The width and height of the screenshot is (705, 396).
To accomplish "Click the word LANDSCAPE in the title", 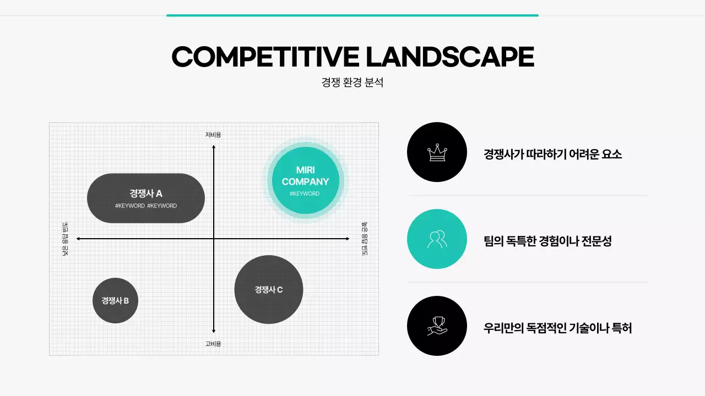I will pos(450,57).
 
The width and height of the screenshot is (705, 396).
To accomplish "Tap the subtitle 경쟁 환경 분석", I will pos(352,82).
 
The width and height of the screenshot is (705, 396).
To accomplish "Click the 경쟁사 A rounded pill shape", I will pos(146,199).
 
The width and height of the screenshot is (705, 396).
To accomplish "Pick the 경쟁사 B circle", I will pos(115,301).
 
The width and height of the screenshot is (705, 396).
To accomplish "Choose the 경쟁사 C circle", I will pos(269,290).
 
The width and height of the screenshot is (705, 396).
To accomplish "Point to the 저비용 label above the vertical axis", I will pos(213,135).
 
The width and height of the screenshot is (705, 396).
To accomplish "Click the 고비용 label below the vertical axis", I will pos(213,344).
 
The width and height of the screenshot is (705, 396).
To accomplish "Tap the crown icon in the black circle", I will pos(437,152).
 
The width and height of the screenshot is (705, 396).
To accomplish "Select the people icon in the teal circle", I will pos(437,239).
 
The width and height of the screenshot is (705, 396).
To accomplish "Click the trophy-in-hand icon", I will pos(437,326).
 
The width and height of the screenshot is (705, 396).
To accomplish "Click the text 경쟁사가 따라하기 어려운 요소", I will pos(552,154).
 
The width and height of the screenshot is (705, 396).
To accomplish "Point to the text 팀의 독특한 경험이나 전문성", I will pos(547,241).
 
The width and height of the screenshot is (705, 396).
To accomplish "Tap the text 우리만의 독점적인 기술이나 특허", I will pos(557,328).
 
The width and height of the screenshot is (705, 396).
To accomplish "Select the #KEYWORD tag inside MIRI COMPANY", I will pos(305,194).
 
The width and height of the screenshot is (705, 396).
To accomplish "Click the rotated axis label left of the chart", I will pos(66,239).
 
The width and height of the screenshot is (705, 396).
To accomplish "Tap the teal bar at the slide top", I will pos(352,15).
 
